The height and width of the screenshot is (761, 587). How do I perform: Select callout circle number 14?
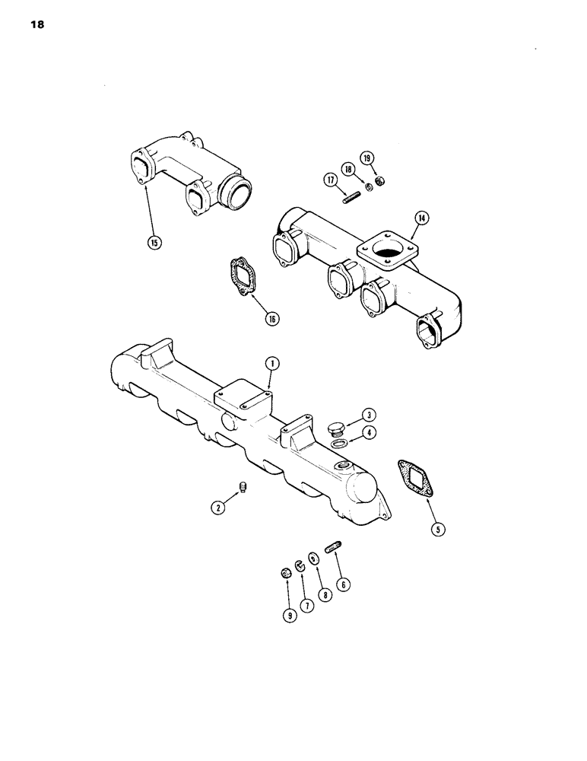[420, 218]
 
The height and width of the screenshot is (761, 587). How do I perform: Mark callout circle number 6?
[344, 584]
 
